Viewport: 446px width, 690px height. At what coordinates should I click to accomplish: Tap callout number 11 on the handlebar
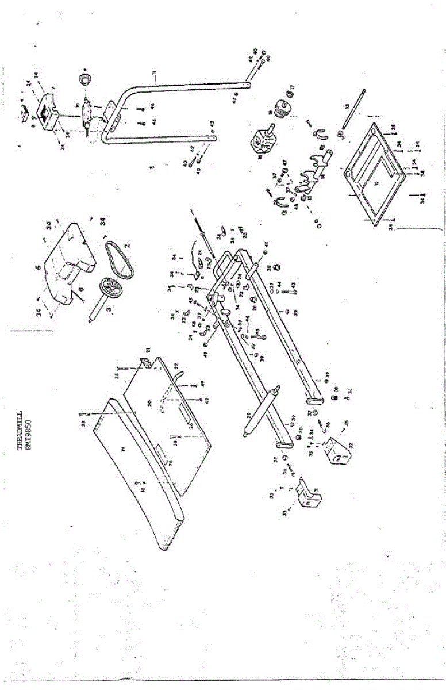coord(155,72)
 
